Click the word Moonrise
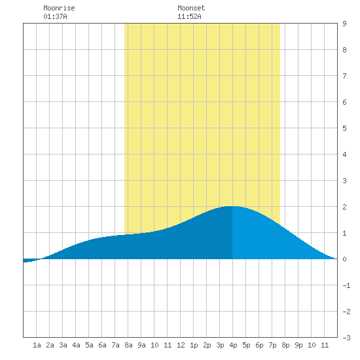[x=59, y=8]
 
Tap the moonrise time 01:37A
[x=55, y=16]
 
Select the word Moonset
[x=191, y=8]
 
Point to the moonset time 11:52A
[x=189, y=16]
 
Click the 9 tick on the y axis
[x=344, y=24]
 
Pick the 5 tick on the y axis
[x=344, y=128]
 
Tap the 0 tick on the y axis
[x=344, y=259]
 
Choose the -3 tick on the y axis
[x=346, y=338]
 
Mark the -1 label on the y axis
[x=346, y=285]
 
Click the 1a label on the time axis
[x=37, y=345]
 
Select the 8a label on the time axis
[x=128, y=345]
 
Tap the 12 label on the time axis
[x=181, y=345]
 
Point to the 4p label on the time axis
[x=233, y=345]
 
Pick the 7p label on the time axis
[x=272, y=345]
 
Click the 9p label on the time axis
[x=298, y=345]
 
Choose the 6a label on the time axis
[x=102, y=345]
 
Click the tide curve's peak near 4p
[x=232, y=206]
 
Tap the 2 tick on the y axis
[x=344, y=207]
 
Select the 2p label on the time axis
[x=207, y=345]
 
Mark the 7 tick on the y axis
[x=344, y=76]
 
